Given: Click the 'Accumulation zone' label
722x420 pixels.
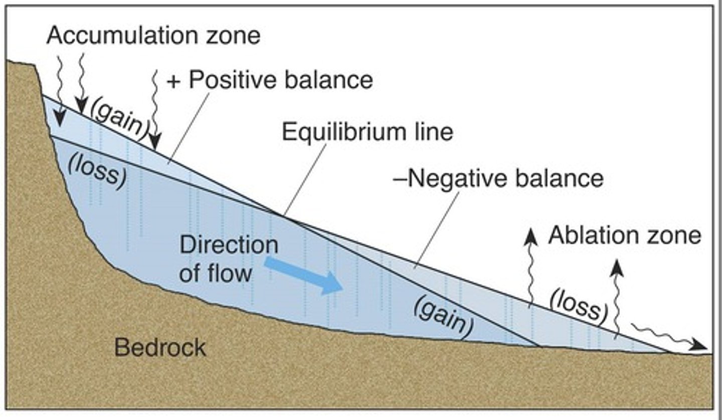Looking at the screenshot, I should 153,36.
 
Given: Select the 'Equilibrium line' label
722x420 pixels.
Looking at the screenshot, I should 368,132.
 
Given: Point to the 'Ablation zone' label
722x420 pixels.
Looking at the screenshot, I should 624,235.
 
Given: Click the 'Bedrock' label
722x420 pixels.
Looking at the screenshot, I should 160,347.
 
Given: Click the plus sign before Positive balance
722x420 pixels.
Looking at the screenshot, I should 173,81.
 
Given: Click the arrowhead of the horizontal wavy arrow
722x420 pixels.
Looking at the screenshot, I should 699,345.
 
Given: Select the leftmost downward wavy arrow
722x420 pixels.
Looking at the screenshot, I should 59,90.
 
